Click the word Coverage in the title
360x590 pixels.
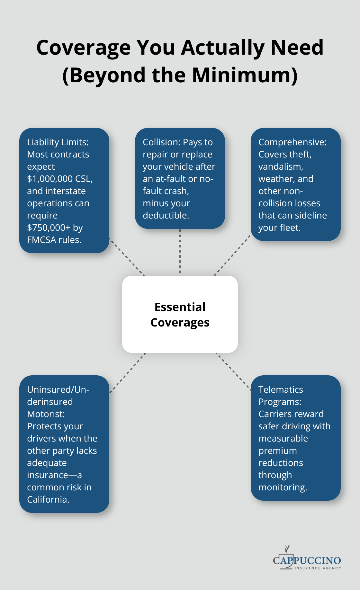pyautogui.click(x=83, y=48)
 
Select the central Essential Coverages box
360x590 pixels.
pyautogui.click(x=180, y=314)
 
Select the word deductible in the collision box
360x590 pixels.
pyautogui.click(x=165, y=216)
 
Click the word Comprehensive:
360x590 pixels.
pyautogui.click(x=292, y=142)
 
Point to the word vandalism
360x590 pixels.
pyautogui.click(x=281, y=167)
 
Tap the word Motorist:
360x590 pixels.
pyautogui.click(x=46, y=414)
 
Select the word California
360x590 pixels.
pyautogui.click(x=48, y=500)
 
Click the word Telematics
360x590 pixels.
pyautogui.click(x=281, y=390)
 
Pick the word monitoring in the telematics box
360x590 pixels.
pyautogui.click(x=282, y=487)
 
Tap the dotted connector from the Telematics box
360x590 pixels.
pyautogui.click(x=233, y=371)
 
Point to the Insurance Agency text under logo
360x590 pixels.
pyautogui.click(x=318, y=568)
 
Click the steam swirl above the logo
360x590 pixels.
pyautogui.click(x=287, y=549)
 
